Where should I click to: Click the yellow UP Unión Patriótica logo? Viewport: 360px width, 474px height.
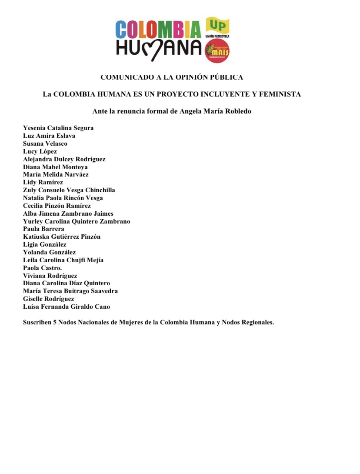point(217,27)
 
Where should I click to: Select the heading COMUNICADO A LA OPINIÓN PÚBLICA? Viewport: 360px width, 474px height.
point(172,77)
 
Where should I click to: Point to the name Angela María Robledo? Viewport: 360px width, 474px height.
point(216,111)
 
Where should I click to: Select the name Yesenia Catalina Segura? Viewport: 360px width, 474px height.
point(58,128)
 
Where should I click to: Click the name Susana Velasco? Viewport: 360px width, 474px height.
point(45,144)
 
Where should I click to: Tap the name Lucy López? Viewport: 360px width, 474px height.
point(40,151)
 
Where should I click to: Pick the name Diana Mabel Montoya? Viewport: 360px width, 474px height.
point(55,167)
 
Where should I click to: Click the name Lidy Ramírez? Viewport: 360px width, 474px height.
point(43,182)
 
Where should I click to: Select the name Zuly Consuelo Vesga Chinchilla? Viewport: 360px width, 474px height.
point(69,190)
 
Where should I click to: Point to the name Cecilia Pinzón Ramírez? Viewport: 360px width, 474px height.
point(57,206)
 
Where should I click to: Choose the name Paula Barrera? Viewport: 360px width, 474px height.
point(43,229)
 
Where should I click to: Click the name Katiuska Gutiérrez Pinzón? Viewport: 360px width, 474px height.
point(62,237)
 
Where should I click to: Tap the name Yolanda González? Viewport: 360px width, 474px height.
point(49,252)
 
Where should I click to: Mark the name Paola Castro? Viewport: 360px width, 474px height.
point(42,268)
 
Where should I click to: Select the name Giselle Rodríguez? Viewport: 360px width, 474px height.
point(49,299)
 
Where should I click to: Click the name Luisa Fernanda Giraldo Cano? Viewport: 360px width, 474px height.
point(67,307)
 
